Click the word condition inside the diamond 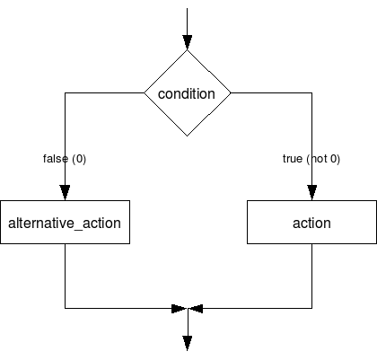point(187,94)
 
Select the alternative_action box point(66,223)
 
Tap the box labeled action point(311,223)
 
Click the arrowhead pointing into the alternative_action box point(66,193)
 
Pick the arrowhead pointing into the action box point(311,193)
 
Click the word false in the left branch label point(55,159)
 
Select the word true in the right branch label point(293,159)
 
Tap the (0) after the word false point(78,159)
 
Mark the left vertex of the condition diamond point(145,92)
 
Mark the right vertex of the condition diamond point(230,92)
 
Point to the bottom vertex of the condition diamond point(187,136)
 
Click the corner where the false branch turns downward point(66,92)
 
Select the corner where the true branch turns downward point(311,92)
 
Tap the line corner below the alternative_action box point(66,308)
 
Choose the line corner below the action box point(311,308)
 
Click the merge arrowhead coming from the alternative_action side point(179,308)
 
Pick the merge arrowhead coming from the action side point(196,308)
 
